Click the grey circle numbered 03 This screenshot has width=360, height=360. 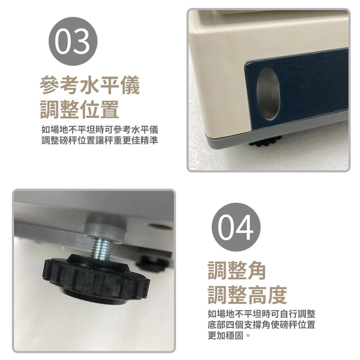tap(73, 41)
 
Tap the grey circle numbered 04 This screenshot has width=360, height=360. tap(236, 227)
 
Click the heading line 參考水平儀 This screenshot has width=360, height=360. tap(90, 85)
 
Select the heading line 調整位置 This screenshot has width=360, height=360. tap(80, 109)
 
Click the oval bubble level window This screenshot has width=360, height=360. tap(268, 94)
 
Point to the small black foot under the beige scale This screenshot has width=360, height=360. tap(265, 141)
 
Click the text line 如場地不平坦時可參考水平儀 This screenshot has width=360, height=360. tap(100, 130)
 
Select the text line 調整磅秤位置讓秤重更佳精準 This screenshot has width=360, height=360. tap(100, 140)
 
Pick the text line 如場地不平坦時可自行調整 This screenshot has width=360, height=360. tap(261, 314)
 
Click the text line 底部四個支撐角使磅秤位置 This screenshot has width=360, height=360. tap(261, 325)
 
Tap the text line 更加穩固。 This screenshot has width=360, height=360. tap(229, 336)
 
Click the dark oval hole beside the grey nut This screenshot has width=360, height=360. tap(160, 227)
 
